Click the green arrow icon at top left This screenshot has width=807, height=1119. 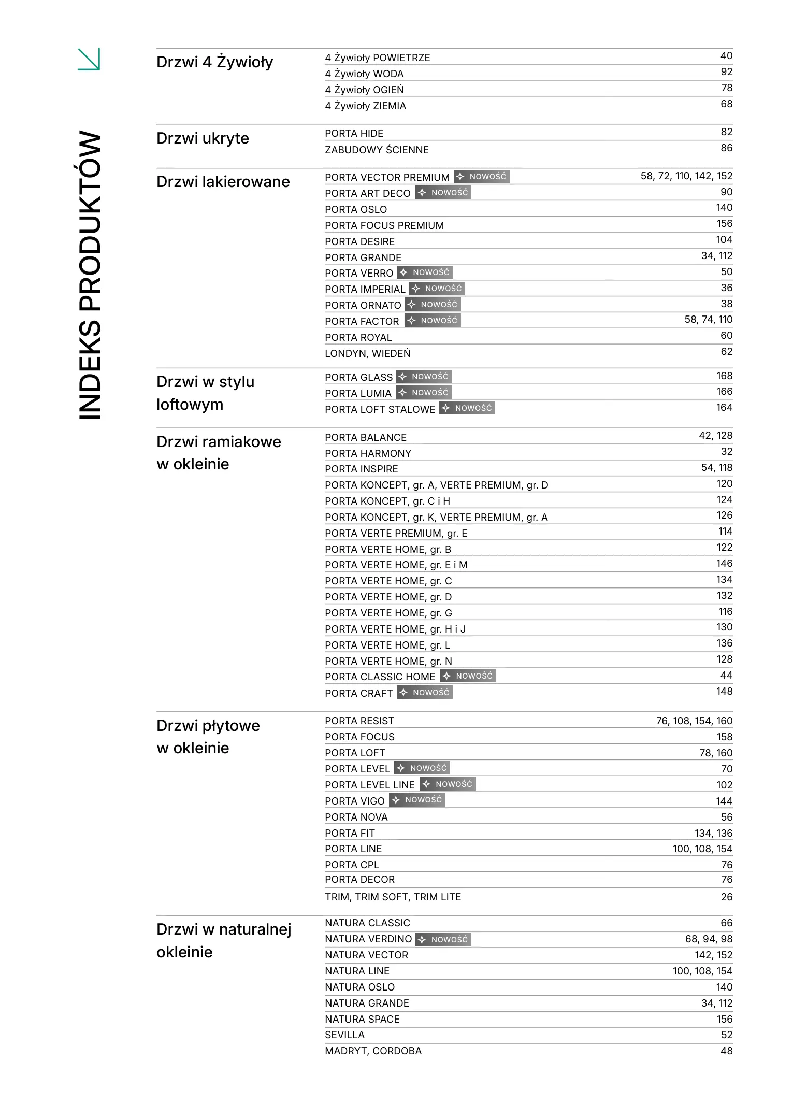(x=89, y=59)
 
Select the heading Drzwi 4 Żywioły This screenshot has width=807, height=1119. (x=214, y=62)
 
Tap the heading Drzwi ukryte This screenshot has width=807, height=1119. (x=203, y=138)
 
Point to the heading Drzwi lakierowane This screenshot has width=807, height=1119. (x=223, y=182)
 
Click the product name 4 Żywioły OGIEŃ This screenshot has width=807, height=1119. (x=364, y=90)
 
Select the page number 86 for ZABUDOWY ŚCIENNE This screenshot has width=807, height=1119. (x=726, y=148)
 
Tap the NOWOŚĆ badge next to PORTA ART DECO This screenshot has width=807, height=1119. (x=443, y=193)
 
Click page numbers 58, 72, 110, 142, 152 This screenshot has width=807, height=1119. (x=686, y=176)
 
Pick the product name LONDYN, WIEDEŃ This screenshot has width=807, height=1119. (x=367, y=353)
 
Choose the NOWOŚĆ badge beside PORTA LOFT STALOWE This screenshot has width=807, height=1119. (x=467, y=408)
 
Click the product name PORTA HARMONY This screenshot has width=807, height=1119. (x=368, y=453)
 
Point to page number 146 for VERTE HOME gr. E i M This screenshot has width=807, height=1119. (x=724, y=564)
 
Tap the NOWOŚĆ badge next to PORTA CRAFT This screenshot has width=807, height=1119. (x=425, y=693)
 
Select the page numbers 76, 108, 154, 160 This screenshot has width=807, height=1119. (x=694, y=721)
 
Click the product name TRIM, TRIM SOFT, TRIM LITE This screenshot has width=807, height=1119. (x=393, y=897)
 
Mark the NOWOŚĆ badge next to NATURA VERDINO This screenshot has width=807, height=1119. (x=443, y=940)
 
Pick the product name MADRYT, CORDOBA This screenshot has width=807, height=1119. (x=373, y=1051)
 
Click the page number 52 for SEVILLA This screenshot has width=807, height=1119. (x=726, y=1035)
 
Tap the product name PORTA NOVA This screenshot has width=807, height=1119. (x=356, y=817)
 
